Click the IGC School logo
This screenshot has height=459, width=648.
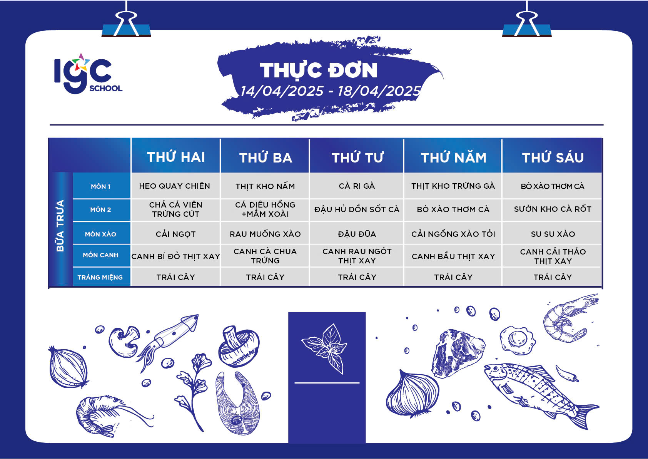click(x=88, y=74)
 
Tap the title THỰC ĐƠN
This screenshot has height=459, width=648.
click(x=319, y=70)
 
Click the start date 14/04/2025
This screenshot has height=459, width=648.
click(x=282, y=91)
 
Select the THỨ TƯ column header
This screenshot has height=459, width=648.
click(x=357, y=158)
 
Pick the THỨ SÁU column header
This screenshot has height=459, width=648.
click(x=553, y=158)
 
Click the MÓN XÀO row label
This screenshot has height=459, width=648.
click(x=100, y=234)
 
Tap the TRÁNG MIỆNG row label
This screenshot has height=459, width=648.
click(x=100, y=277)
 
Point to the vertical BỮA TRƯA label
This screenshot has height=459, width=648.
click(x=60, y=226)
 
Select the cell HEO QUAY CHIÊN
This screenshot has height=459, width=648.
click(x=174, y=186)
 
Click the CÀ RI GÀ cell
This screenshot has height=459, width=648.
click(x=357, y=186)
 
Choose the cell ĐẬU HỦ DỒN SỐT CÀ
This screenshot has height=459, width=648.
click(x=357, y=209)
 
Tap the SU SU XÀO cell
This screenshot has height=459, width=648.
click(x=553, y=234)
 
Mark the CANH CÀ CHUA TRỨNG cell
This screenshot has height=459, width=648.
click(x=265, y=256)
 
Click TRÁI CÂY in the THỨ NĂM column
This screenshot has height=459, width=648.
click(x=453, y=277)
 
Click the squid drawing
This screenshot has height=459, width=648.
click(x=168, y=342)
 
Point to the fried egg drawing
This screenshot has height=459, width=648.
click(x=518, y=340)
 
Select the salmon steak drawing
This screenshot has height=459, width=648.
click(x=237, y=404)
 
